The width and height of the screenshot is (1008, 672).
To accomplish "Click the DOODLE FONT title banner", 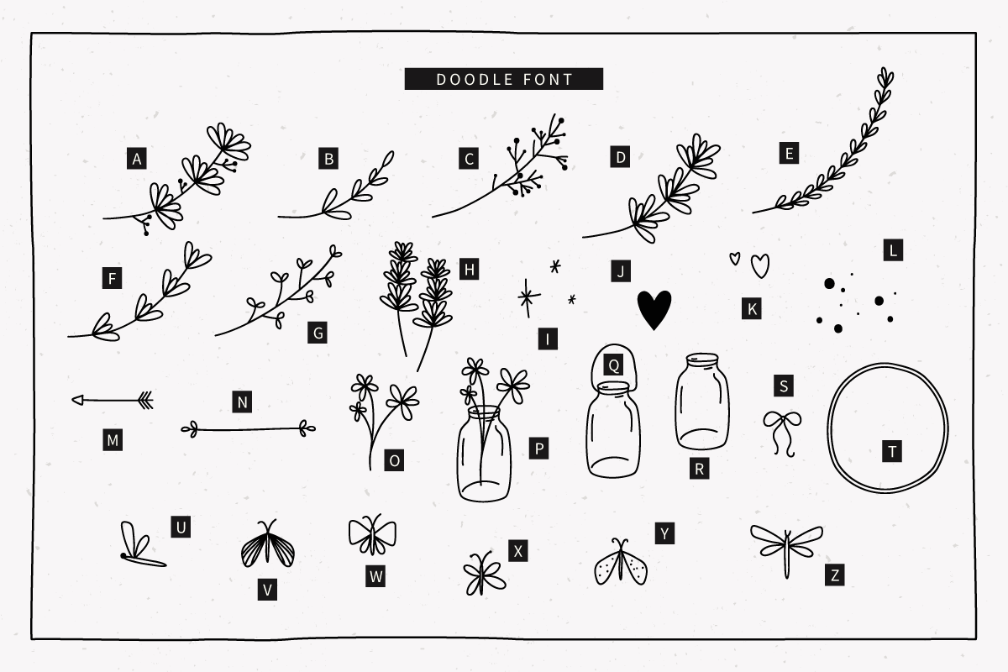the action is (x=503, y=79).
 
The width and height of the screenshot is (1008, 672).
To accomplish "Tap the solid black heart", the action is (x=654, y=310).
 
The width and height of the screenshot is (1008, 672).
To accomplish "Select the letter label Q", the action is (x=613, y=365).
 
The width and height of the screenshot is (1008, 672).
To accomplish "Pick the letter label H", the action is (x=469, y=269).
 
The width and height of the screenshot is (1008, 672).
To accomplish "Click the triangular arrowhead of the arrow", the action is (x=78, y=400).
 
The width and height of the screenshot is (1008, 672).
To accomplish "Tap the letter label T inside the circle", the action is (x=892, y=451).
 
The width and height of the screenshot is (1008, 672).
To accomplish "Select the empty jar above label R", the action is (x=702, y=402).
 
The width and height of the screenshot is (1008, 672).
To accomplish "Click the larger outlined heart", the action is (x=760, y=265).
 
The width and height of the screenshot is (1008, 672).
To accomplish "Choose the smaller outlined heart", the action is (x=735, y=259).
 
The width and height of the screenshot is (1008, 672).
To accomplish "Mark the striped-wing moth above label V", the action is (x=268, y=543).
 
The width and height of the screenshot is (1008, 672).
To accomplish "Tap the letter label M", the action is (x=113, y=440).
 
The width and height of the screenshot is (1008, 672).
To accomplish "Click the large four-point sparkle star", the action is (x=528, y=297).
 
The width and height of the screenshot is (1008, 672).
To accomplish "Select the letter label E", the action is (x=789, y=153).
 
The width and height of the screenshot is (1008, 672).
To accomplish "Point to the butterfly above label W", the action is (x=373, y=535).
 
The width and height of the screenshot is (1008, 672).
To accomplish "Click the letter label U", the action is (x=181, y=527).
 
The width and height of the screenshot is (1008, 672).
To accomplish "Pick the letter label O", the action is (x=394, y=460).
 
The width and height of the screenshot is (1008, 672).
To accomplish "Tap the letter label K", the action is (x=752, y=309).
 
